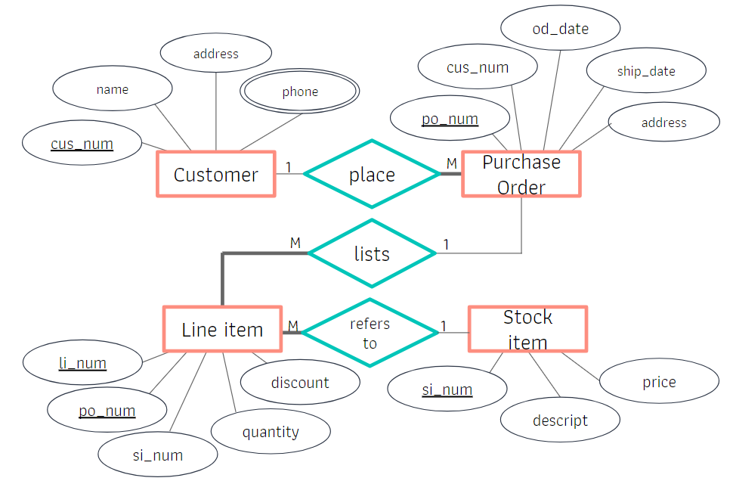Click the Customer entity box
pyautogui.click(x=216, y=175)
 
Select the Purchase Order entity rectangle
pyautogui.click(x=521, y=175)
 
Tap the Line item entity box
pyautogui.click(x=222, y=330)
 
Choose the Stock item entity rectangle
pyautogui.click(x=527, y=329)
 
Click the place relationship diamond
pyautogui.click(x=372, y=174)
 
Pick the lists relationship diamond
pyautogui.click(x=372, y=253)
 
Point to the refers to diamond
pyautogui.click(x=370, y=333)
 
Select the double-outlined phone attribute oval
pyautogui.click(x=300, y=92)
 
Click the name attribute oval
pyautogui.click(x=113, y=89)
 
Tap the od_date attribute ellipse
pyautogui.click(x=560, y=29)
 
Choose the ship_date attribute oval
pyautogui.click(x=646, y=71)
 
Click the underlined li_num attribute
pyautogui.click(x=82, y=363)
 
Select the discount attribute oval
pyautogui.click(x=300, y=383)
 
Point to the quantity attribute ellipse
pyautogui.click(x=271, y=432)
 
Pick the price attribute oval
pyautogui.click(x=659, y=382)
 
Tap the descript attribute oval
pyautogui.click(x=560, y=420)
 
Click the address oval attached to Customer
pyautogui.click(x=216, y=54)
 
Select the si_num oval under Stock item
pyautogui.click(x=447, y=389)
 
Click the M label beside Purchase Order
pyautogui.click(x=451, y=163)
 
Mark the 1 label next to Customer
pyautogui.click(x=288, y=166)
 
